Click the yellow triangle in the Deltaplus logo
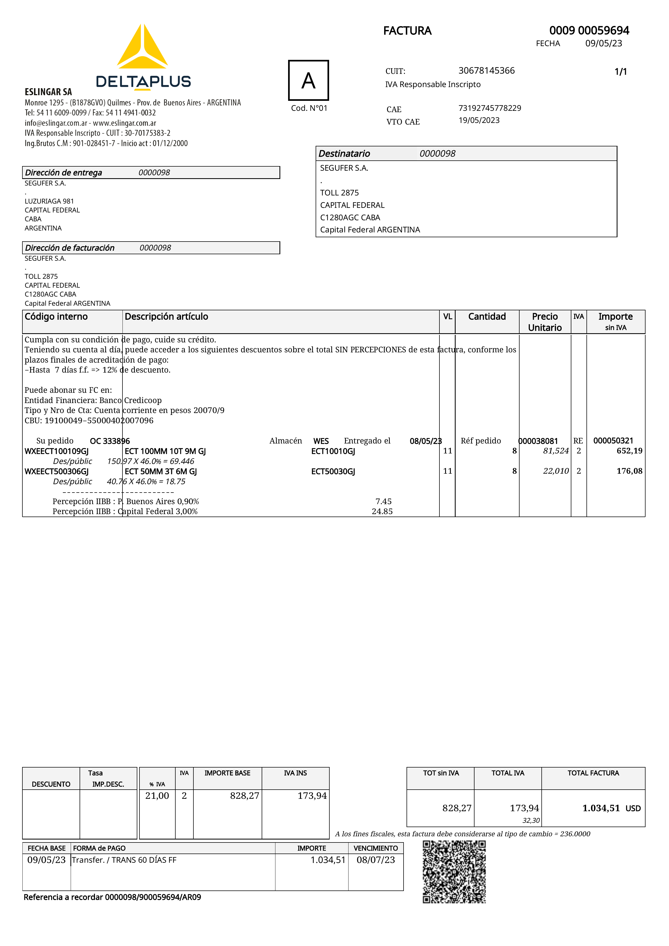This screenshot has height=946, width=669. [x=142, y=47]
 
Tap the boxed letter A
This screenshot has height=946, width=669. [x=308, y=80]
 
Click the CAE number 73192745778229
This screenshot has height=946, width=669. [x=489, y=108]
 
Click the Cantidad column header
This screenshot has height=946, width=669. [x=487, y=317]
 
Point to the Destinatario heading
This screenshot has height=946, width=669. [x=344, y=154]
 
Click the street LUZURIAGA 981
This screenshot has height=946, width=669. [x=49, y=201]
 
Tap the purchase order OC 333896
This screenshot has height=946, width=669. [x=110, y=441]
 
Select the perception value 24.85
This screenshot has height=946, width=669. [x=382, y=511]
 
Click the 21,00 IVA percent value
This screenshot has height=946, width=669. [x=157, y=796]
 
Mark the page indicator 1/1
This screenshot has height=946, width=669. [x=620, y=72]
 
